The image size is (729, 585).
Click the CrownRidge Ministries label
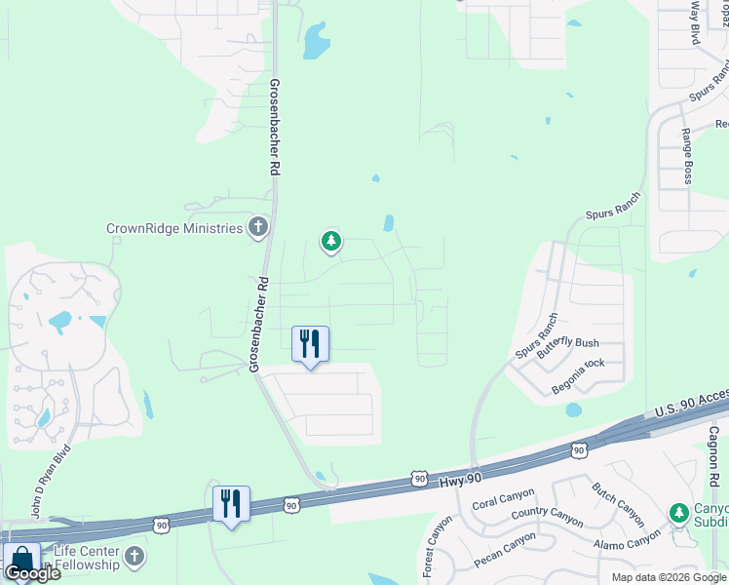[173, 228]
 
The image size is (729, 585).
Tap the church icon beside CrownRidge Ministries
[258, 228]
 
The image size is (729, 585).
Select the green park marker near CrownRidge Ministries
[331, 241]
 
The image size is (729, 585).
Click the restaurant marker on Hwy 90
[231, 504]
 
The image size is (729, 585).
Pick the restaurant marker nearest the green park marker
[311, 344]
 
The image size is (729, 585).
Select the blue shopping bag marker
[21, 561]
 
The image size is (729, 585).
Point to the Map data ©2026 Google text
[668, 577]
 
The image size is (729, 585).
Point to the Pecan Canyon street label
[505, 550]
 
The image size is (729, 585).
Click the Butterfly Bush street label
[570, 343]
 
